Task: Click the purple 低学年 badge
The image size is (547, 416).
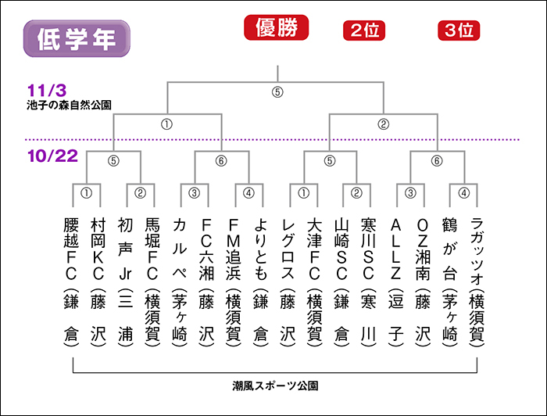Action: (x=77, y=38)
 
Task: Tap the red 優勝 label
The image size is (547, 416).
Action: (x=277, y=27)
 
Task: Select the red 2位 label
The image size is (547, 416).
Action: (x=364, y=30)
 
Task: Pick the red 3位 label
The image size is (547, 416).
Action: (x=459, y=30)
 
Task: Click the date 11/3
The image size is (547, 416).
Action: (x=47, y=91)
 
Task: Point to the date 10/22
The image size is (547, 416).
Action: (x=52, y=156)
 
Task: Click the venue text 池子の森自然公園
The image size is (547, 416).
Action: (x=69, y=105)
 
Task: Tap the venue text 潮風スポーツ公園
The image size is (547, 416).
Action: (x=275, y=386)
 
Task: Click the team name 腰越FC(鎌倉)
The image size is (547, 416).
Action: (x=71, y=282)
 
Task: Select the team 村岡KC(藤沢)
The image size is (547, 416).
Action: (x=98, y=282)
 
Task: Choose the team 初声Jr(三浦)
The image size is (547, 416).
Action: (x=125, y=282)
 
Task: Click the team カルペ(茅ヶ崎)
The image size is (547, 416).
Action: (x=179, y=282)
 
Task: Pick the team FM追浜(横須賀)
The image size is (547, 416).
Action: (x=234, y=282)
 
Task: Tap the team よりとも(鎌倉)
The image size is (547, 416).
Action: (x=260, y=282)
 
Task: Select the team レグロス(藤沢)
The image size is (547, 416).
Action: (x=288, y=282)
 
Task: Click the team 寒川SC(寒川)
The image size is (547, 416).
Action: (x=368, y=282)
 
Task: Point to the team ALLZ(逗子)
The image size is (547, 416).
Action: (x=395, y=282)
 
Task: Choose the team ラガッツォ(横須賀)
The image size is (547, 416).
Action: (x=477, y=282)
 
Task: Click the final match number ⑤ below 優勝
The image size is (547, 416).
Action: (x=277, y=92)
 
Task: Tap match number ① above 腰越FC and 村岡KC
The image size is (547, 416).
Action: (x=86, y=193)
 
